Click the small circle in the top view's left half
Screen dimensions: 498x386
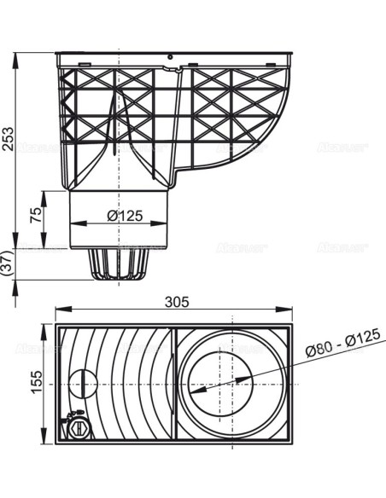82,383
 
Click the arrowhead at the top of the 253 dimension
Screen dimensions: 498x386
15,57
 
